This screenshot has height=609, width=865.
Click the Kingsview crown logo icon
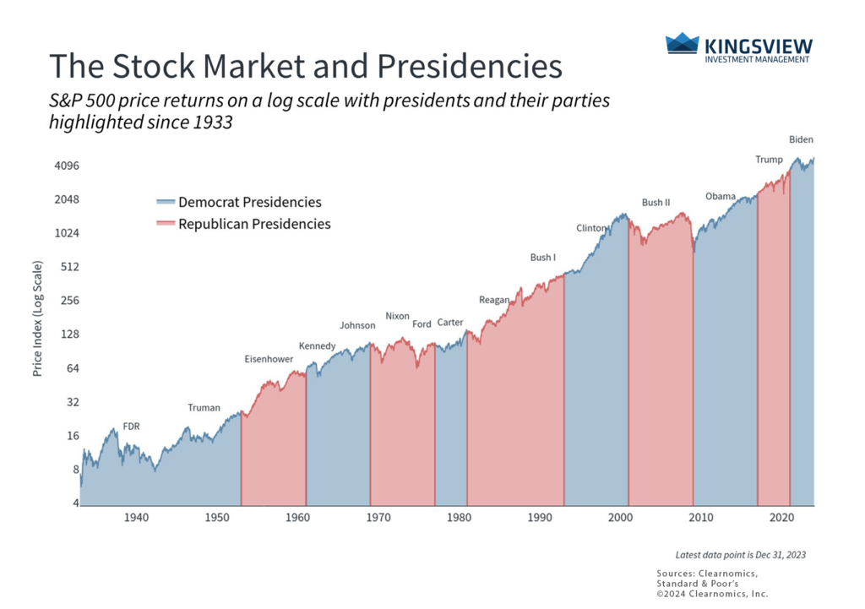click(x=682, y=44)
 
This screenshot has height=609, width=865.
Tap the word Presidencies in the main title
click(x=478, y=66)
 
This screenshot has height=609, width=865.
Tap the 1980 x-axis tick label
click(x=459, y=517)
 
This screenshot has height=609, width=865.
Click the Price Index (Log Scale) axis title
click(x=38, y=318)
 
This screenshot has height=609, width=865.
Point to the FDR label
click(x=131, y=427)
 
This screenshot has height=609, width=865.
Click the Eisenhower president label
click(x=269, y=359)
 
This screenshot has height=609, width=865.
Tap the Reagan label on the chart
click(x=493, y=300)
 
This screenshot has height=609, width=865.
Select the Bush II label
click(x=656, y=203)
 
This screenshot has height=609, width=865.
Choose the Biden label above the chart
click(x=801, y=139)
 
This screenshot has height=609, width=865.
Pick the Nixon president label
click(x=397, y=316)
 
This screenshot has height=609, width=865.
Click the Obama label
click(x=720, y=197)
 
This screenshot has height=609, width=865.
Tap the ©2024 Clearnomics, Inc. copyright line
click(x=712, y=593)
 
